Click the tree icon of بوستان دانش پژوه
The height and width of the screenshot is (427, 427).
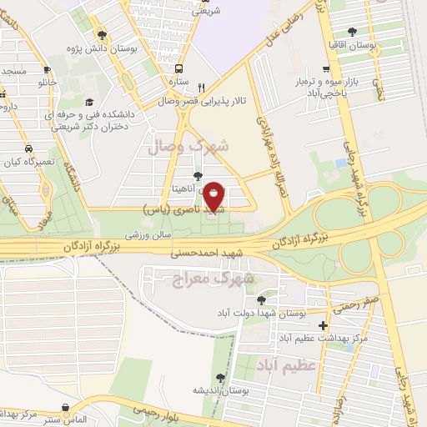[x=102, y=35]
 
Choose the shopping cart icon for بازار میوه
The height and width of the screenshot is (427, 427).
[x=326, y=70]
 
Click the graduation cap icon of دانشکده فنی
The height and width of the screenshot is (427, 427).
[x=89, y=103]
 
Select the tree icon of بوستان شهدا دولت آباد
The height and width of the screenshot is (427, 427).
[x=261, y=299]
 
